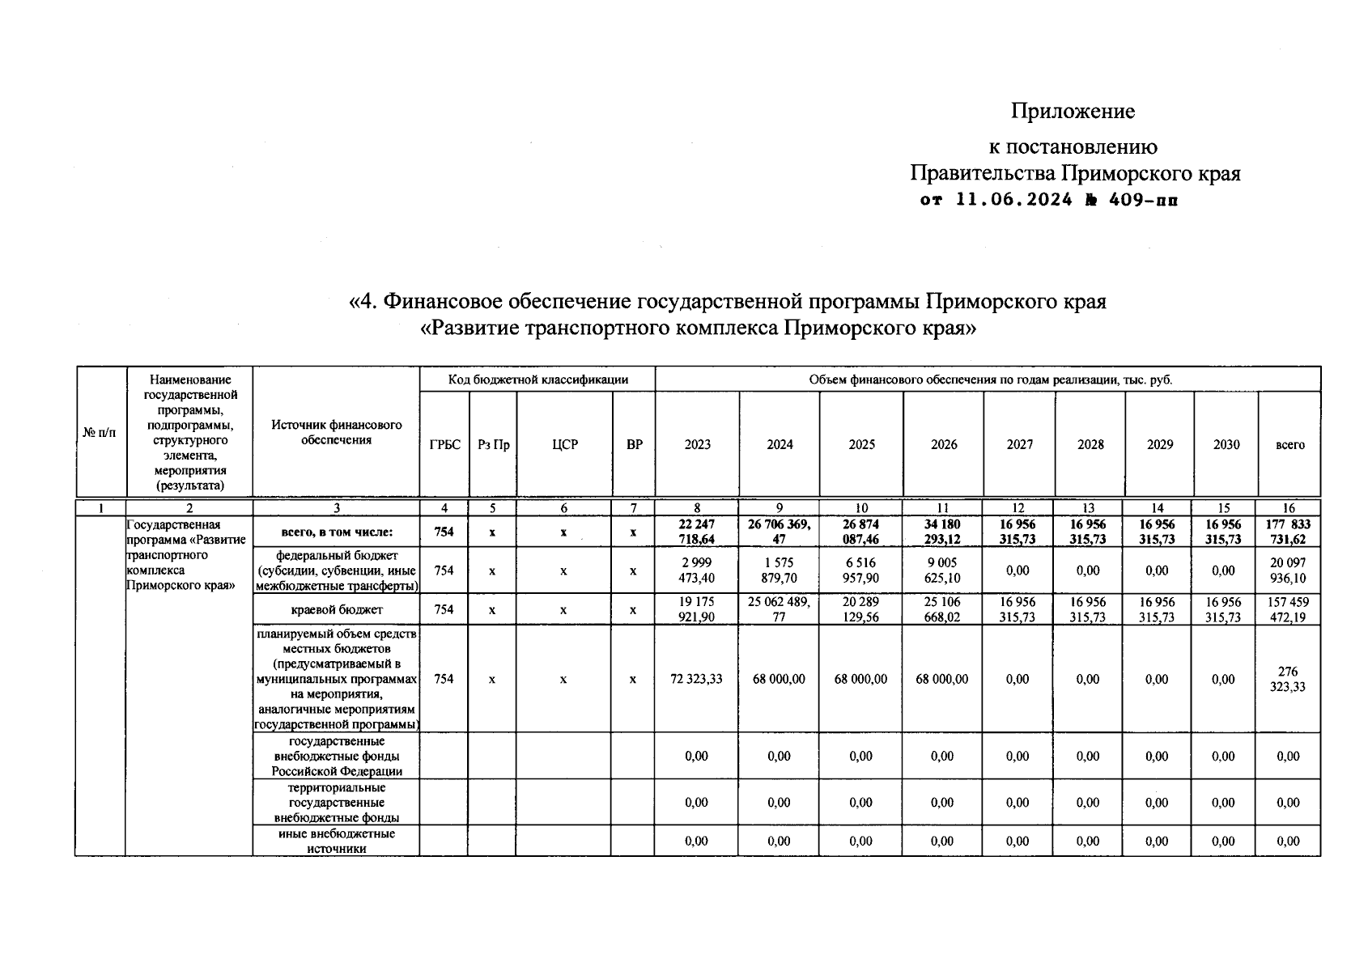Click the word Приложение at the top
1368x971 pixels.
(1072, 111)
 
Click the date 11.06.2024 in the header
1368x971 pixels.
(1014, 200)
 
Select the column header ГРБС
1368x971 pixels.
(444, 444)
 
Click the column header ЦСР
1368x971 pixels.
(564, 444)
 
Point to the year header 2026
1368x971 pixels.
(943, 444)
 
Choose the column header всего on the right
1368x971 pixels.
(1289, 444)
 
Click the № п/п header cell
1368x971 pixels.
(100, 433)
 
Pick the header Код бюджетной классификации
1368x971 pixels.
(537, 379)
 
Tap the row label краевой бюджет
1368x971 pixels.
(337, 609)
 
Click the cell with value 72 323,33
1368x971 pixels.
(696, 679)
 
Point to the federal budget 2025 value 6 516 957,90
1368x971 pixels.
(861, 570)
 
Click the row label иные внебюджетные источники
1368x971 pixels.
(337, 841)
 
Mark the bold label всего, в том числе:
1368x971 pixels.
(337, 532)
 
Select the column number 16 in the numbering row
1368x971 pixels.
(1289, 508)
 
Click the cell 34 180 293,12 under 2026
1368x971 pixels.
(942, 532)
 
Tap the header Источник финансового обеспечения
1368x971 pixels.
(337, 433)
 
